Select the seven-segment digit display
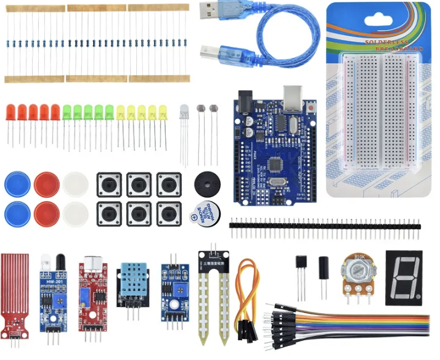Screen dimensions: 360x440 tap(403, 277)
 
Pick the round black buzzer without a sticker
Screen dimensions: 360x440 tap(206, 183)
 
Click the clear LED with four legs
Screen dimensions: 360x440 tap(184, 112)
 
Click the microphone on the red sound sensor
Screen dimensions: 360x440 tap(92, 261)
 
